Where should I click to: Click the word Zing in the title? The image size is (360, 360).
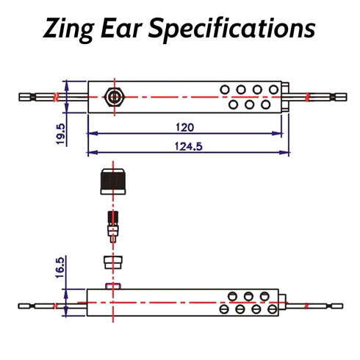(x=68, y=29)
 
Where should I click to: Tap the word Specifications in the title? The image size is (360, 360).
(x=231, y=29)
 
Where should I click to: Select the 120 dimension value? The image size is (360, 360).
(x=185, y=127)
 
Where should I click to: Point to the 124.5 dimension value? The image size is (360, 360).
(x=189, y=146)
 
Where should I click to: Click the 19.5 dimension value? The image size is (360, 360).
(x=60, y=134)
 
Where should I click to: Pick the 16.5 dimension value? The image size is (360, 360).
(x=60, y=267)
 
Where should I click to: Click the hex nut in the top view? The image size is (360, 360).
(x=115, y=97)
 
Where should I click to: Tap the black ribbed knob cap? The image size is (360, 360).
(x=113, y=181)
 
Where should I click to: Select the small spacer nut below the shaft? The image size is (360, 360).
(x=113, y=262)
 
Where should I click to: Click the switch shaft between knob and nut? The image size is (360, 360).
(x=113, y=226)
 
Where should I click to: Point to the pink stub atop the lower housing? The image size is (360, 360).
(x=113, y=286)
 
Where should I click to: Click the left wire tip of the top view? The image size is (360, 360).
(x=25, y=97)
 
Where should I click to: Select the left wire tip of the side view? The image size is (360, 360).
(x=24, y=306)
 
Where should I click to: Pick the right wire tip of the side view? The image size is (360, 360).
(x=337, y=306)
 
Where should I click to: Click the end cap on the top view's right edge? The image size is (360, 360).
(x=285, y=97)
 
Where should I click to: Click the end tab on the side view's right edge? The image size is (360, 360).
(x=282, y=302)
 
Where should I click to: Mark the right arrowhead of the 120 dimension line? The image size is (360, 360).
(x=277, y=134)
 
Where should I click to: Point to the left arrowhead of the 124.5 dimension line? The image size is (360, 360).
(x=93, y=153)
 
